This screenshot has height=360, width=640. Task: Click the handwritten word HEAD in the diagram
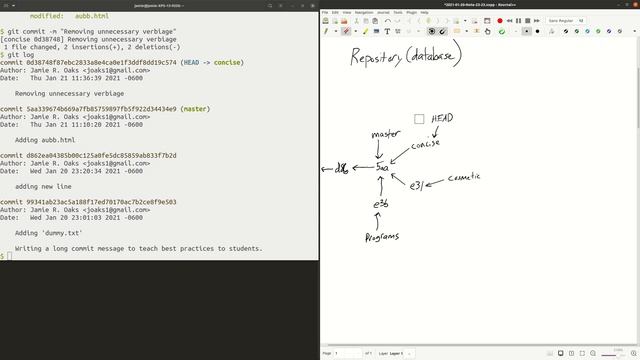pyautogui.click(x=441, y=119)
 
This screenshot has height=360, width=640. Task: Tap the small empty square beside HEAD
pyautogui.click(x=419, y=119)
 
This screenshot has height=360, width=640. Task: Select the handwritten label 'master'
pyautogui.click(x=385, y=134)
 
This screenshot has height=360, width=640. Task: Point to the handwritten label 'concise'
pyautogui.click(x=425, y=145)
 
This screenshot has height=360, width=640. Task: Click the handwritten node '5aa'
pyautogui.click(x=382, y=167)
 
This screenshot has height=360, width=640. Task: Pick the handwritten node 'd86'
pyautogui.click(x=341, y=168)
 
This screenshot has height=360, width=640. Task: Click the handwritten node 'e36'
pyautogui.click(x=380, y=205)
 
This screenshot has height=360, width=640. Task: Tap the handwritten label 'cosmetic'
pyautogui.click(x=463, y=177)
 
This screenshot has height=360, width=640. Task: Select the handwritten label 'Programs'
pyautogui.click(x=382, y=237)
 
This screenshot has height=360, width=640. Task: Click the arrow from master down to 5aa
pyautogui.click(x=379, y=150)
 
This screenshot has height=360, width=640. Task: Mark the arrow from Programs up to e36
pyautogui.click(x=378, y=220)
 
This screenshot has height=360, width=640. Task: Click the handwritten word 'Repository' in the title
pyautogui.click(x=376, y=57)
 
